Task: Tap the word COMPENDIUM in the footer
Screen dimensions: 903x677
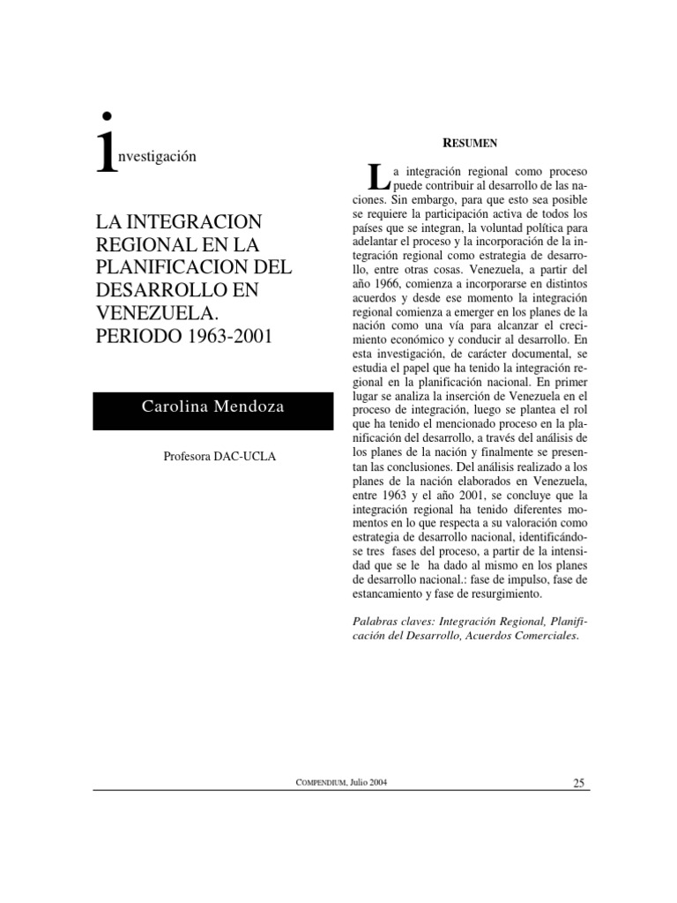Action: [x=324, y=782]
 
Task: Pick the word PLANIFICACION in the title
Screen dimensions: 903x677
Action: [x=160, y=267]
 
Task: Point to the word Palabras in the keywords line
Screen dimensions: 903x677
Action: [x=375, y=621]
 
